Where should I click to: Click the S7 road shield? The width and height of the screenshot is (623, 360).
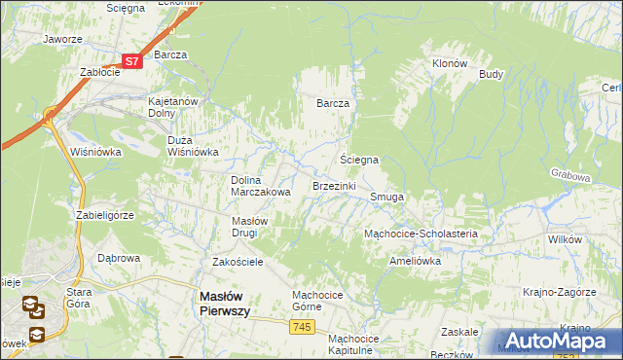pos(133,60)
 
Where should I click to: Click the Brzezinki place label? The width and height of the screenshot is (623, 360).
pos(334,185)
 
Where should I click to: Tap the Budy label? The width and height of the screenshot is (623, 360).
pos(491,74)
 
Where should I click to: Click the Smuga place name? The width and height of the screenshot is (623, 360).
pos(386,197)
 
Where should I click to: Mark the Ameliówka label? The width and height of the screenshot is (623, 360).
pos(415,261)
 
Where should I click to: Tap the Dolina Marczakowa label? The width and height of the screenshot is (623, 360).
pos(261,186)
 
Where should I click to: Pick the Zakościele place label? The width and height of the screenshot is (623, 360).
pos(238,262)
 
